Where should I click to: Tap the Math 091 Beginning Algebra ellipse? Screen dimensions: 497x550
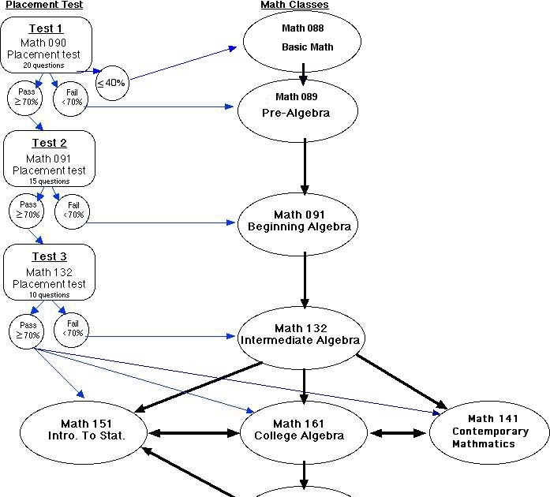pyautogui.click(x=299, y=221)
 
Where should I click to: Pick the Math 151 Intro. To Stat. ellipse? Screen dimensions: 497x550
pyautogui.click(x=84, y=431)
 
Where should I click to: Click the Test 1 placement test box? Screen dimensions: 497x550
pyautogui.click(x=47, y=45)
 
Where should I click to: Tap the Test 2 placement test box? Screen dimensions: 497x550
pyautogui.click(x=49, y=159)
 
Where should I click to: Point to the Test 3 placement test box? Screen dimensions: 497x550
pyautogui.click(x=49, y=272)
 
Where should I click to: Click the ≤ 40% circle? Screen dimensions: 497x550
pyautogui.click(x=111, y=83)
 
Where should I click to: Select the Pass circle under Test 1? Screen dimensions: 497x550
pyautogui.click(x=27, y=97)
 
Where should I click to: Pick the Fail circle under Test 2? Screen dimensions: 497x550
pyautogui.click(x=73, y=211)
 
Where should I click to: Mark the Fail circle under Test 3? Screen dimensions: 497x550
pyautogui.click(x=72, y=329)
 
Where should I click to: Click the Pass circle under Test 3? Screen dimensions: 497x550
pyautogui.click(x=28, y=330)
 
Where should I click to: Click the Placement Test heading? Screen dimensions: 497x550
pyautogui.click(x=44, y=5)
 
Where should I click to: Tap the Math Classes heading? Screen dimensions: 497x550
pyautogui.click(x=294, y=5)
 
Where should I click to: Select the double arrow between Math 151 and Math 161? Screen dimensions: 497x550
pyautogui.click(x=194, y=433)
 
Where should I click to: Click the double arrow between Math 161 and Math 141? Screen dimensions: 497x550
pyautogui.click(x=398, y=433)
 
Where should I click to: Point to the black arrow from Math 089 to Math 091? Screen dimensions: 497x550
pyautogui.click(x=305, y=166)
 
